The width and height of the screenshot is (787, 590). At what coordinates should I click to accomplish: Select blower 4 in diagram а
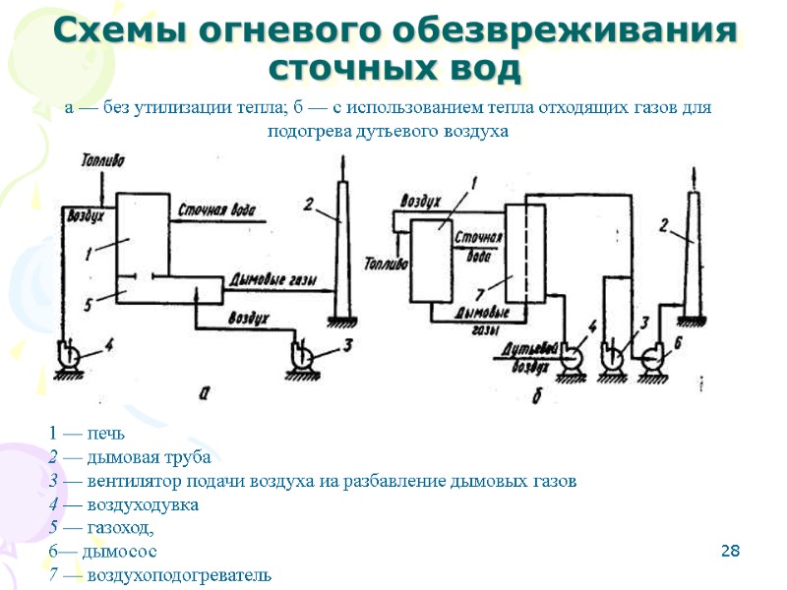[x=71, y=352]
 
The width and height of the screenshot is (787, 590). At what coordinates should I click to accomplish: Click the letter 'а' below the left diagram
[x=204, y=391]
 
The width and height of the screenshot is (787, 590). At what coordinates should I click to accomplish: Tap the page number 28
[x=729, y=549]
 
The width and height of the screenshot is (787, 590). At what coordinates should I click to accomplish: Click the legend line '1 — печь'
[x=87, y=434]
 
